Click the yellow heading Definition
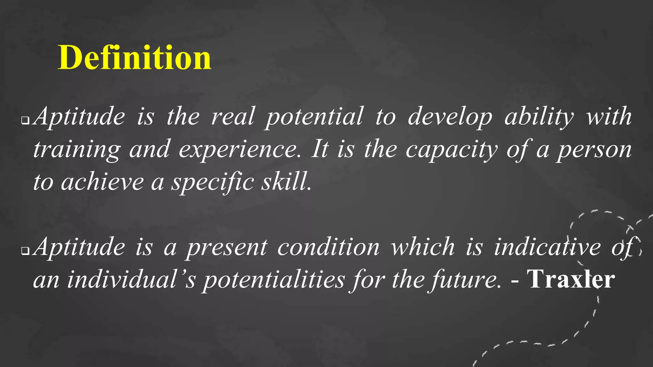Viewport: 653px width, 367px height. coord(134,58)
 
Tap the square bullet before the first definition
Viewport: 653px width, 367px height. coord(25,121)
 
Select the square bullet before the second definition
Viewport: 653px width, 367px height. coord(25,251)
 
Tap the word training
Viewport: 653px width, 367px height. coord(77,150)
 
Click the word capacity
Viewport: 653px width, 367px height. coord(451,150)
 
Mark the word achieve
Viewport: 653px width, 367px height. coord(102,182)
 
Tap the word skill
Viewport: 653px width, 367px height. coord(286,182)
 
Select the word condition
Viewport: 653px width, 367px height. coord(328,247)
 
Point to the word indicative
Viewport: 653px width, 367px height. coord(547,247)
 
